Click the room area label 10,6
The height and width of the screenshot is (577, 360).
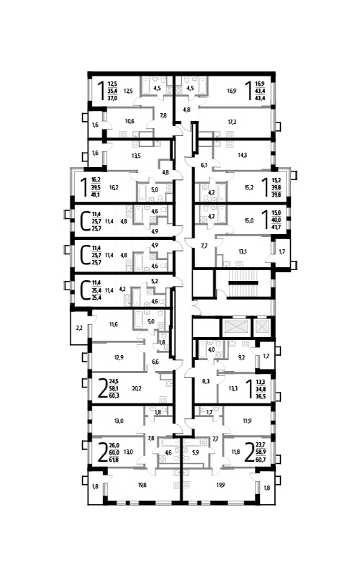(130, 122)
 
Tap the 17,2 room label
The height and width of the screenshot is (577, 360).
(232, 121)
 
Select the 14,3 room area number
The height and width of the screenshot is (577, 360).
(243, 155)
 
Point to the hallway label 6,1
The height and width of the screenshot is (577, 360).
(204, 165)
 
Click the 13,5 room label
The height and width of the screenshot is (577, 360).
(136, 156)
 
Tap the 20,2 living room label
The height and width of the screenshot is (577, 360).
(136, 388)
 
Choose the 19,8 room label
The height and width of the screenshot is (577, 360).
(143, 485)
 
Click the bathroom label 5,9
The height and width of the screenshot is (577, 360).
(195, 453)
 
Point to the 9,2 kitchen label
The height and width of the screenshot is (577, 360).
(242, 357)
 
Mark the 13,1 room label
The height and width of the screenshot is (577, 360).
(243, 251)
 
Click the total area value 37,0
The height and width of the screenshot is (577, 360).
(112, 98)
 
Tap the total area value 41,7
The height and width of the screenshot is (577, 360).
(276, 227)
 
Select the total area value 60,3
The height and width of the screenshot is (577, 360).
(114, 396)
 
